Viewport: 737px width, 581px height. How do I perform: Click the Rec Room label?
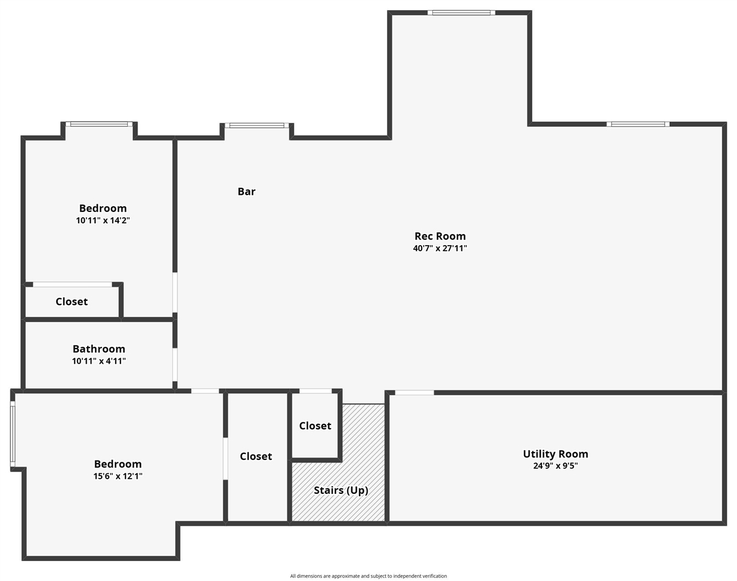point(440,236)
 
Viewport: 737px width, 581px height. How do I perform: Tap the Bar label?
point(246,191)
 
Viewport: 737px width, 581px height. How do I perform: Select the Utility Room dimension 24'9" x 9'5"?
point(555,466)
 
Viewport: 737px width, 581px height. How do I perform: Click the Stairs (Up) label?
point(340,490)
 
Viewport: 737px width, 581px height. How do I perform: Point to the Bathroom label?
point(99,349)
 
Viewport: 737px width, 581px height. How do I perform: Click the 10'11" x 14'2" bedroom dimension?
point(103,221)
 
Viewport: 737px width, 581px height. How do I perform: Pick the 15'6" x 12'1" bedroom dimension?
point(118,476)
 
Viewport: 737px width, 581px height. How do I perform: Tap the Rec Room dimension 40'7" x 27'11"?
point(440,248)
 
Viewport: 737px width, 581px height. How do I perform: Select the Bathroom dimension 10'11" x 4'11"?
point(99,361)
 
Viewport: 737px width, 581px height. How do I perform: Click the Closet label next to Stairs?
point(315,426)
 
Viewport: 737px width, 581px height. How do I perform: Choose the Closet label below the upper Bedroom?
point(71,301)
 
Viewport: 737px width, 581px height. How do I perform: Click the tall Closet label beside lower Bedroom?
point(256,456)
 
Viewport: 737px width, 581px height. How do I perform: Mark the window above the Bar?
point(257,125)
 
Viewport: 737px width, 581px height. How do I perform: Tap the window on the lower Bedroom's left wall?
point(13,434)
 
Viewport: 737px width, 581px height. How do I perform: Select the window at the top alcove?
point(461,13)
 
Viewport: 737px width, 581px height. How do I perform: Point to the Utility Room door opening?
point(414,393)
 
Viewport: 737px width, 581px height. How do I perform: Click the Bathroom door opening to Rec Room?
point(175,364)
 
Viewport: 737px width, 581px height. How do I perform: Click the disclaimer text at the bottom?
point(368,576)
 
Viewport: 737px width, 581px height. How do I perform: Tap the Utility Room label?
point(555,454)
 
